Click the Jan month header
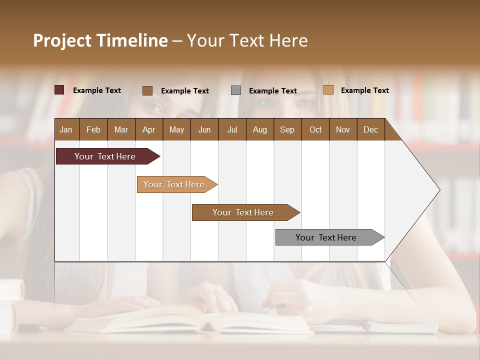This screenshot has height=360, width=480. [x=66, y=129]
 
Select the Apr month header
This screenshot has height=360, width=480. [x=148, y=129]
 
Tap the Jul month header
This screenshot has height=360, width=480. [x=232, y=129]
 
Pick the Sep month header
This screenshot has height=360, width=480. [x=287, y=129]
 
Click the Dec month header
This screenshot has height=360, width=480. [x=370, y=129]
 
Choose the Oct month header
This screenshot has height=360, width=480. [x=315, y=129]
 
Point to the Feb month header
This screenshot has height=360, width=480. [x=93, y=129]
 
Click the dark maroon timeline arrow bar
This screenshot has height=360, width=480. [x=105, y=156]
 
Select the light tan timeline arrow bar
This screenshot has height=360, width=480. [x=174, y=184]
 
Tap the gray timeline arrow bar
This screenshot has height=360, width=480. [x=326, y=237]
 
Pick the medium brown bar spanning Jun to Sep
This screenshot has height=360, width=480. [x=243, y=212]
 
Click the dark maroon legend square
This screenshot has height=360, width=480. [x=59, y=90]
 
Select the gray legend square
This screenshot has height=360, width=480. [x=236, y=90]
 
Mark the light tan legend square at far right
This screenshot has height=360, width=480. [x=328, y=90]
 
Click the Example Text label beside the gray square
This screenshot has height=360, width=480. [x=273, y=91]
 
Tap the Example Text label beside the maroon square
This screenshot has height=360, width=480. [x=97, y=90]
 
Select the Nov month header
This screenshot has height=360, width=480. [x=343, y=129]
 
